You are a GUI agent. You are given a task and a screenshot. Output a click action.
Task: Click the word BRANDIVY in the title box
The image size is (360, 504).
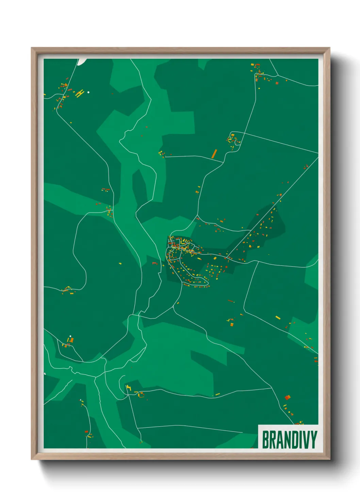289,440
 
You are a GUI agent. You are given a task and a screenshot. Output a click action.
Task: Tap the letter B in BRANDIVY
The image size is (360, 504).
265,440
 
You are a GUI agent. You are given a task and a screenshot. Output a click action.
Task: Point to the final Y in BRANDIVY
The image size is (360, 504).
313,440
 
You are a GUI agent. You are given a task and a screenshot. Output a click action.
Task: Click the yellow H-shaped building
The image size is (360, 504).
80,93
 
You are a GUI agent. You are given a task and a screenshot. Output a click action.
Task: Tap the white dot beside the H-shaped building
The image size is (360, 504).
88,92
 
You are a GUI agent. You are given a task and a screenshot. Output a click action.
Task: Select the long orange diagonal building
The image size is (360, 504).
214,154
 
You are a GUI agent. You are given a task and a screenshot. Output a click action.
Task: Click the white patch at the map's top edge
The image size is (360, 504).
82,61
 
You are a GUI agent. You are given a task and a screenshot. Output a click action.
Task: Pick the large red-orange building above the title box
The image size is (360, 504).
288,397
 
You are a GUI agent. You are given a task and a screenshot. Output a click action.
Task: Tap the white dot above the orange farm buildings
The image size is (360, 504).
70,336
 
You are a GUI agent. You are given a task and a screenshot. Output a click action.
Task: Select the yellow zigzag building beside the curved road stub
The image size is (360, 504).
128,387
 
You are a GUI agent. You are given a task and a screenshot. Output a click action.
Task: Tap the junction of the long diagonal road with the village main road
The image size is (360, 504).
227,256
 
